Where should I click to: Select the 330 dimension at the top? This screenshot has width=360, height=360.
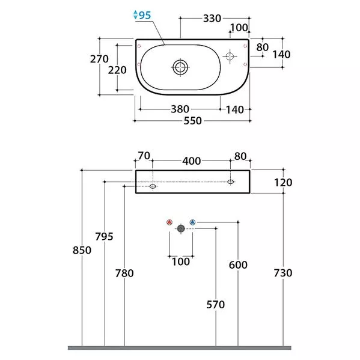[212, 19]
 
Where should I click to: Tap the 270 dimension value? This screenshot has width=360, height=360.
[99, 59]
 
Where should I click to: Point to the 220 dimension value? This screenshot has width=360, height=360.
[117, 70]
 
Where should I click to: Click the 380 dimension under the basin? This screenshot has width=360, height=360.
[180, 109]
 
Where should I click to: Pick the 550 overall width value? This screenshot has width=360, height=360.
[193, 121]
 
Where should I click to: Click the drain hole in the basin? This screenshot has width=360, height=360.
[180, 67]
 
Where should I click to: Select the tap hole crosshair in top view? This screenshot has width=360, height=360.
[230, 56]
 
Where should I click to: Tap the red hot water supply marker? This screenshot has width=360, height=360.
[169, 222]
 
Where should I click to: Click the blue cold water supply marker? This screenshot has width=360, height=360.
[192, 222]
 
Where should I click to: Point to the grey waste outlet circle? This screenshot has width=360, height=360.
[181, 228]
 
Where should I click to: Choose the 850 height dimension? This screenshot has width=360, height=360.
[82, 250]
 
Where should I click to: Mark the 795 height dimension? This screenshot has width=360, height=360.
[104, 236]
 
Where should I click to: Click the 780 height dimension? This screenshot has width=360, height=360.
[124, 273]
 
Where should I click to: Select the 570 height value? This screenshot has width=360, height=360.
[215, 305]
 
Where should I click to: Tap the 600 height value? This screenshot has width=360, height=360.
[238, 265]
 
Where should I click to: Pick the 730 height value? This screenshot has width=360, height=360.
[283, 273]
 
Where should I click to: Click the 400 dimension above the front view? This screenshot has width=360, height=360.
[192, 161]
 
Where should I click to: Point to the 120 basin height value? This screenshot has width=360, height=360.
[283, 183]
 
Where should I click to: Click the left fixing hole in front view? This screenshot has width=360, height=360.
[153, 186]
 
